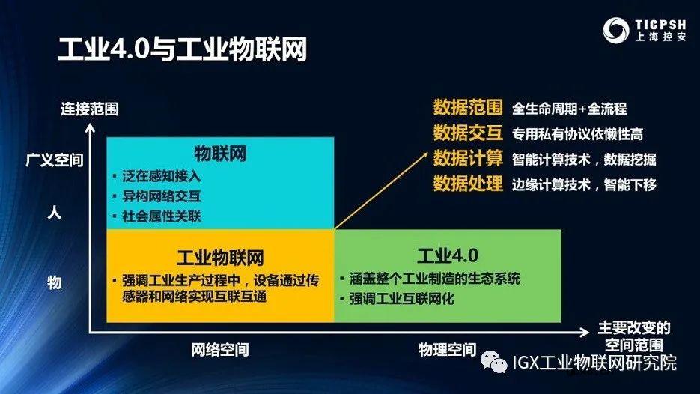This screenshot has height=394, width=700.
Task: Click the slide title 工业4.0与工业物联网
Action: (183, 52)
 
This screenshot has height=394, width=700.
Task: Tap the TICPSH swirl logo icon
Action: (619, 31)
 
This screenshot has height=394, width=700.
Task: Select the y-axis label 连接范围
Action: (89, 109)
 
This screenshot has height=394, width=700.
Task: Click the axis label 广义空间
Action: (53, 160)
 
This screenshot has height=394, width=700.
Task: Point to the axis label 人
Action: (54, 213)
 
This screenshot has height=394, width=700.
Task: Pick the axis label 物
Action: (54, 282)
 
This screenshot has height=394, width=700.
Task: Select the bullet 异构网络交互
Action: (162, 197)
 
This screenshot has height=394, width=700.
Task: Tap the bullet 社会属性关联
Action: (162, 216)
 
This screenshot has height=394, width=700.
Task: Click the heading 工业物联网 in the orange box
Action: (219, 257)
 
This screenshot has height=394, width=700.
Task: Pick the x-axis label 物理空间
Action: (446, 349)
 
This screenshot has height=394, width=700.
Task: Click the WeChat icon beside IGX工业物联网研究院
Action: (495, 362)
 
